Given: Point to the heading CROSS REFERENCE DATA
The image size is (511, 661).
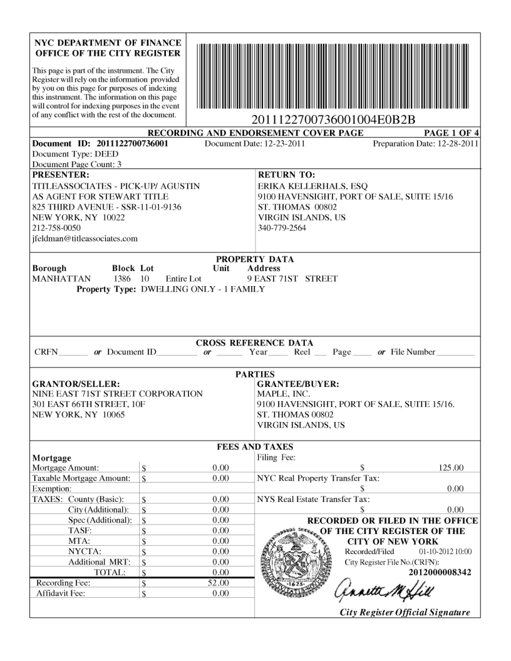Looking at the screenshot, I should pyautogui.click(x=255, y=342).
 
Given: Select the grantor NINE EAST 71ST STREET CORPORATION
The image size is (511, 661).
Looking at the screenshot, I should pyautogui.click(x=117, y=394).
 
